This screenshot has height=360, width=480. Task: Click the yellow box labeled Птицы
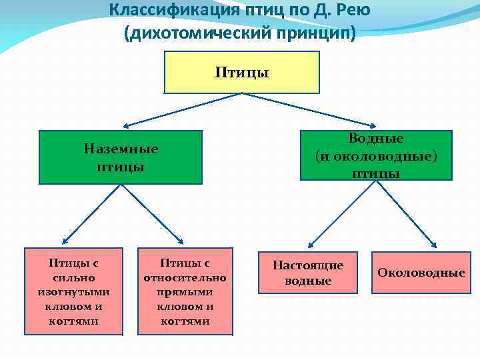click(241, 72)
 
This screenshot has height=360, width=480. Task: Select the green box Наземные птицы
click(121, 157)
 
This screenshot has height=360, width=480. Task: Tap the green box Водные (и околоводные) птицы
click(376, 156)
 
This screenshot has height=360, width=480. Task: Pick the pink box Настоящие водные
click(308, 273)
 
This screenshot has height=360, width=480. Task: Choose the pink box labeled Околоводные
click(421, 273)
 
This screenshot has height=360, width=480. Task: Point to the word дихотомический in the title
click(201, 32)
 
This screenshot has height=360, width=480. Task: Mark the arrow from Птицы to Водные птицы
click(307, 108)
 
